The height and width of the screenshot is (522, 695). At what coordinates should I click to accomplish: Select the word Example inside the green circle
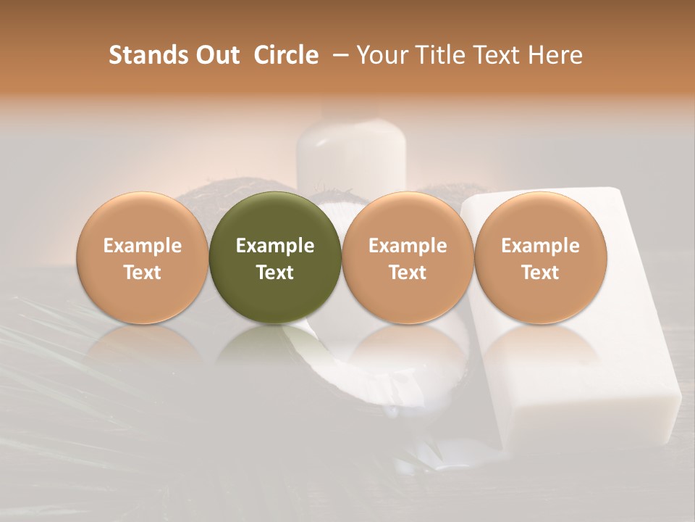click(275, 246)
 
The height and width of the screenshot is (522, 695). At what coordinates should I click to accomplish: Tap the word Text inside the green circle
click(275, 273)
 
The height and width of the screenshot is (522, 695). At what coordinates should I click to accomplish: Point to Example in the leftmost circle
click(143, 246)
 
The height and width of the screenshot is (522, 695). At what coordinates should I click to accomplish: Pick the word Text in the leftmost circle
click(143, 273)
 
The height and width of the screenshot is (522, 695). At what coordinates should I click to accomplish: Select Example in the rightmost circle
click(540, 246)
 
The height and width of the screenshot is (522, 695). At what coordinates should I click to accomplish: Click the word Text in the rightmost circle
click(540, 273)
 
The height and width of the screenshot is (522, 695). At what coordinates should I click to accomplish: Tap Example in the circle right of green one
click(408, 246)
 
